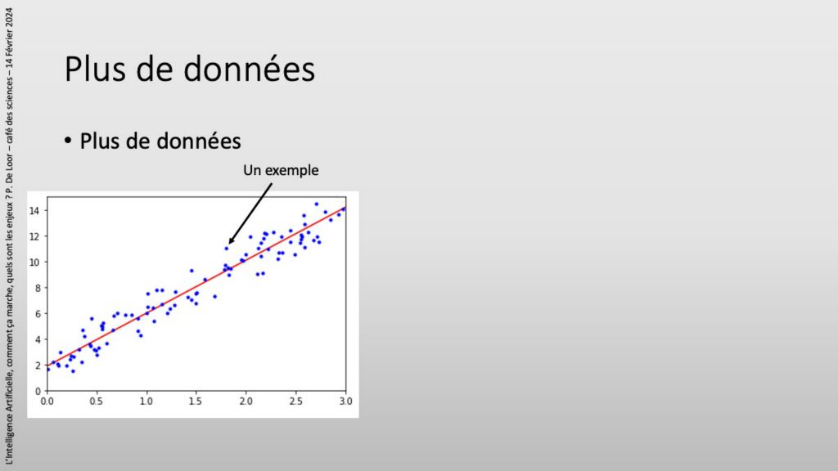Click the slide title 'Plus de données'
pyautogui.click(x=190, y=69)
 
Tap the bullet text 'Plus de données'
pyautogui.click(x=160, y=141)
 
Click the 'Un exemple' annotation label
pyautogui.click(x=281, y=170)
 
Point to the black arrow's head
pyautogui.click(x=231, y=241)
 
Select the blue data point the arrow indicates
pyautogui.click(x=227, y=249)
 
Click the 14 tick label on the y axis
pyautogui.click(x=34, y=211)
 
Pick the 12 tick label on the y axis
pyautogui.click(x=34, y=236)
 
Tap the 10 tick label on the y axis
pyautogui.click(x=34, y=262)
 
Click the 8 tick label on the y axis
pyautogui.click(x=38, y=288)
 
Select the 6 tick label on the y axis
pyautogui.click(x=38, y=314)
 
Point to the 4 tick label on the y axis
pyautogui.click(x=38, y=339)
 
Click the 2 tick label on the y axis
pyautogui.click(x=38, y=366)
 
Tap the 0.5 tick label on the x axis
pyautogui.click(x=97, y=401)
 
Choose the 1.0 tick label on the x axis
pyautogui.click(x=146, y=401)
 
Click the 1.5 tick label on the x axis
pyautogui.click(x=196, y=401)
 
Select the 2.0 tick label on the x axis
pyautogui.click(x=246, y=401)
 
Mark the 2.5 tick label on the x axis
pyautogui.click(x=295, y=401)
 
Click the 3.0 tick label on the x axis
pyautogui.click(x=346, y=401)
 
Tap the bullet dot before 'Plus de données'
pyautogui.click(x=68, y=141)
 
